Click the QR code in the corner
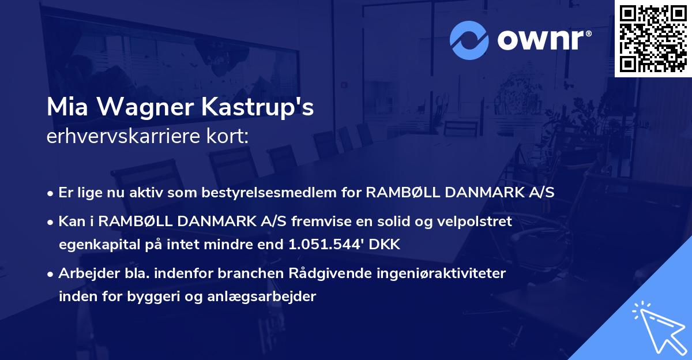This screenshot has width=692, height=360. (653, 39)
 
